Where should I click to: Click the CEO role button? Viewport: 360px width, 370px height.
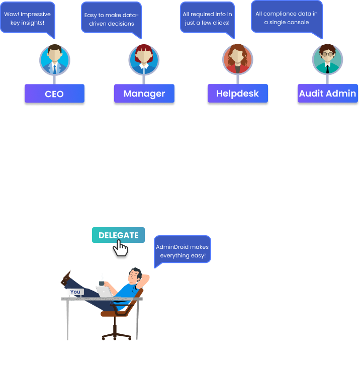tap(54, 94)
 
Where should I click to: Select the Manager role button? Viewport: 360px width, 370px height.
tap(144, 94)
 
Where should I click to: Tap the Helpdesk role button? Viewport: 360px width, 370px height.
tap(237, 94)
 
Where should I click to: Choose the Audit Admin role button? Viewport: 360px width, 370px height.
tap(327, 94)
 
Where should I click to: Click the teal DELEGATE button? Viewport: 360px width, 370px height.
tap(118, 235)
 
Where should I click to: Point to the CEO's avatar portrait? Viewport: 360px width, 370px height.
tap(54, 59)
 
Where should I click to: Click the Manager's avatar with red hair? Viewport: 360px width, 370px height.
tap(144, 59)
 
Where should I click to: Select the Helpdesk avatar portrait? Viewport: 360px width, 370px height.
tap(237, 59)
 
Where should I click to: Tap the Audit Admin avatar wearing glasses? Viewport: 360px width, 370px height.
tap(327, 59)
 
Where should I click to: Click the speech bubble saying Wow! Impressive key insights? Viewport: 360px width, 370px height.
tap(28, 19)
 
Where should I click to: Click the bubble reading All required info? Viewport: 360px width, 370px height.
tap(207, 19)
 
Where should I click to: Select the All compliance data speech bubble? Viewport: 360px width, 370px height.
tap(286, 18)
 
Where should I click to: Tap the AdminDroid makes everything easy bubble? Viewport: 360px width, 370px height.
tap(182, 251)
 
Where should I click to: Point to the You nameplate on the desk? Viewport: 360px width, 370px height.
tap(75, 292)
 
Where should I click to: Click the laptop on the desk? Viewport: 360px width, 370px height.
tap(104, 292)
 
